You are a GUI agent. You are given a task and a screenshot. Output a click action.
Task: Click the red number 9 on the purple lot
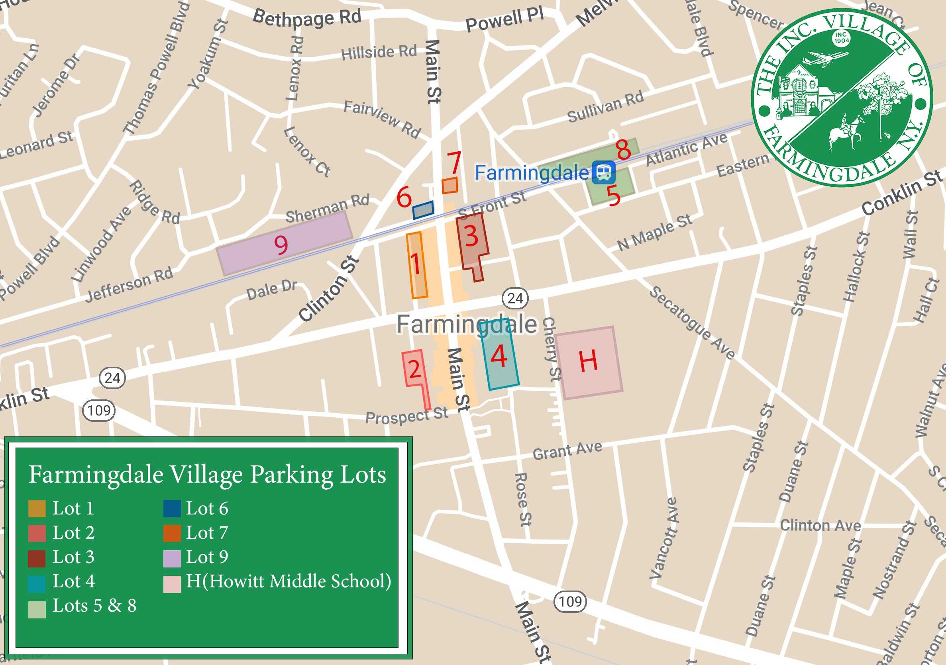pos(281,245)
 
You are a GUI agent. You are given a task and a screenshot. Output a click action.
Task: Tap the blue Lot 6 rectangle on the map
pos(423,209)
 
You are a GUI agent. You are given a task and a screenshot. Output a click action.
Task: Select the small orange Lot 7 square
pos(449,185)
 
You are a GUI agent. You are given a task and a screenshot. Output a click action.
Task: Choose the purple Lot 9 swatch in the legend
pos(172,559)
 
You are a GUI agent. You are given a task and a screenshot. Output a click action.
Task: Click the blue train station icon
pos(604,172)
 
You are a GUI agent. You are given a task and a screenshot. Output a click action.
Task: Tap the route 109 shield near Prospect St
pos(99,411)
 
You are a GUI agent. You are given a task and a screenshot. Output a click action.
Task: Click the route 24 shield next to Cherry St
pos(515,298)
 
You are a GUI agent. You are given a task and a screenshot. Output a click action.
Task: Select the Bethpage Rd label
pos(307,18)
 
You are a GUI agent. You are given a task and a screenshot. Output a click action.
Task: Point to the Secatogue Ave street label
pos(692,323)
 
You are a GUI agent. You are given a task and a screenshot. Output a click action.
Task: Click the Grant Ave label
pos(567,451)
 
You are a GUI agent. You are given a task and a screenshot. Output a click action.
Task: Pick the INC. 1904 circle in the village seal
pos(841,37)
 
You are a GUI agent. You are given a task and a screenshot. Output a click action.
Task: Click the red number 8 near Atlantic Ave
pos(623,149)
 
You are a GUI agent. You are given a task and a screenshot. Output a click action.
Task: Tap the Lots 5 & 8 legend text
pos(94,605)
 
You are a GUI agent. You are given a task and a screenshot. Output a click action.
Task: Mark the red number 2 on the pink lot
pos(414,369)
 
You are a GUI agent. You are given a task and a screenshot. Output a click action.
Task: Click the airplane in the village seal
pos(823,59)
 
